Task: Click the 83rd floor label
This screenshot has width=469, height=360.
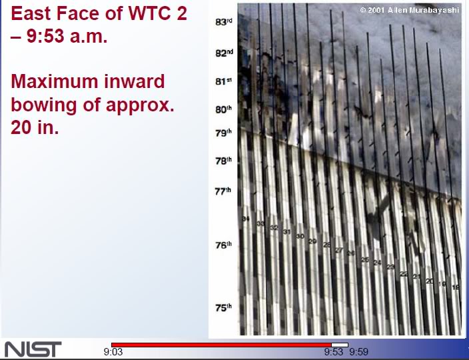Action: point(223,22)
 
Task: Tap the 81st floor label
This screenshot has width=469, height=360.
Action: point(223,82)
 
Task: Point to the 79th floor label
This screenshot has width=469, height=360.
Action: point(223,133)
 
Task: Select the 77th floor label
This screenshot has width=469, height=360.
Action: point(223,191)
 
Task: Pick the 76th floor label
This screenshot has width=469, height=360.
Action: point(223,245)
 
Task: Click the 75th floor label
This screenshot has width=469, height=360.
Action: point(223,307)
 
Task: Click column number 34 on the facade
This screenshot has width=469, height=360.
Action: point(246,219)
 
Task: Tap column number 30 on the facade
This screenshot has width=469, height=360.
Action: point(300,237)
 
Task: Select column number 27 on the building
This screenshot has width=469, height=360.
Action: point(338,250)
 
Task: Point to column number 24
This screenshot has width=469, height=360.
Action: point(377,263)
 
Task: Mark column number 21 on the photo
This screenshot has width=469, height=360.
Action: point(416,277)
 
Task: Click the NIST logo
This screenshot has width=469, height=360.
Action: point(33,349)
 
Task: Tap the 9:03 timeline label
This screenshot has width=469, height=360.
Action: point(113,352)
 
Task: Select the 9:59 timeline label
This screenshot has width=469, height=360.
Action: point(358,352)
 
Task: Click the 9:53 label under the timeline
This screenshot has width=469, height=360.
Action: point(333,352)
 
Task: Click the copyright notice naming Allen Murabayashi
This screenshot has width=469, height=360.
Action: point(410,10)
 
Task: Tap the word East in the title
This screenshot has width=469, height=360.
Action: point(33,13)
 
